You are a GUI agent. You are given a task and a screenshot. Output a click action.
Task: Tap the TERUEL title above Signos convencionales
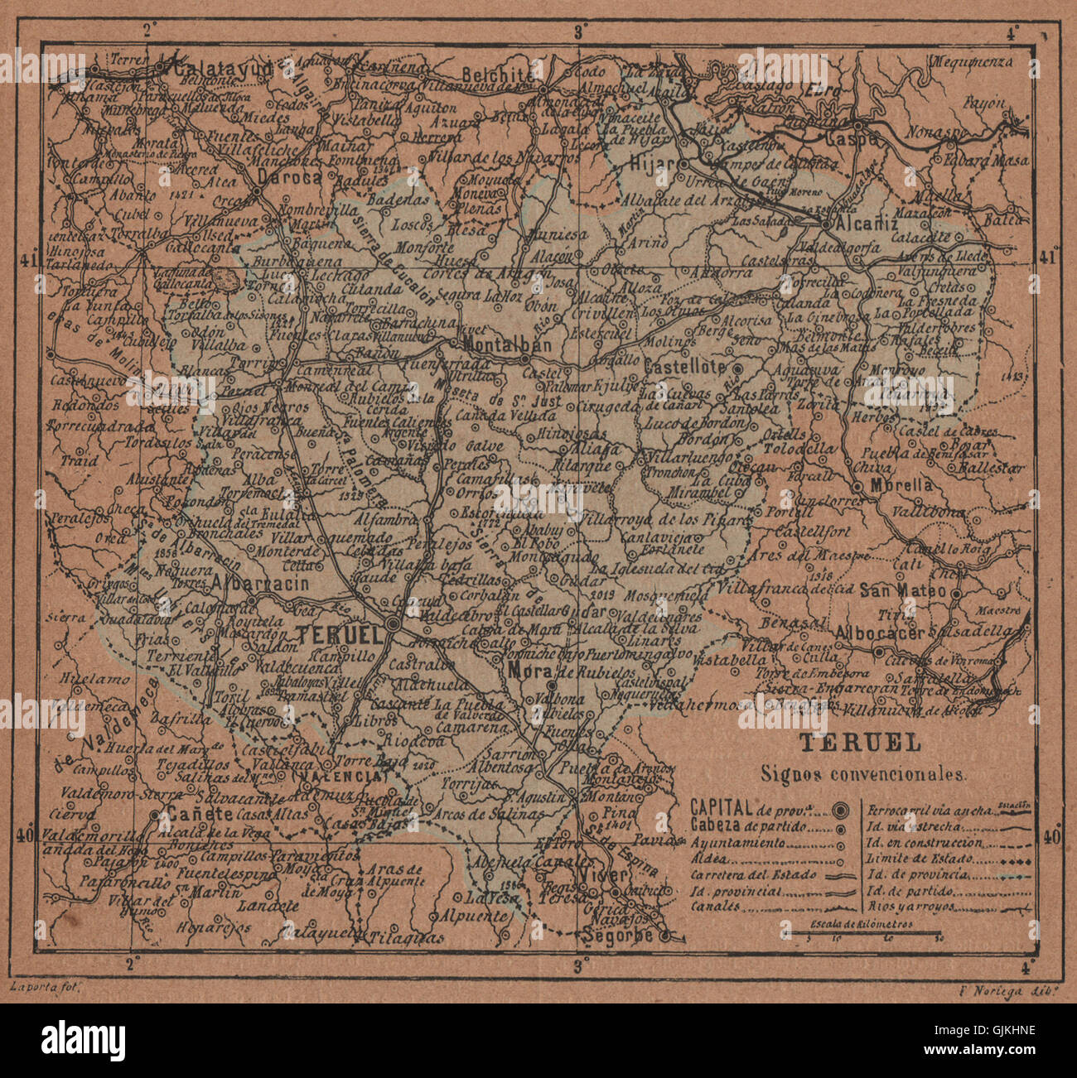coord(859,743)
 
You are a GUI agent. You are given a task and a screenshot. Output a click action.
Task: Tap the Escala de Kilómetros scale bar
coord(862,932)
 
